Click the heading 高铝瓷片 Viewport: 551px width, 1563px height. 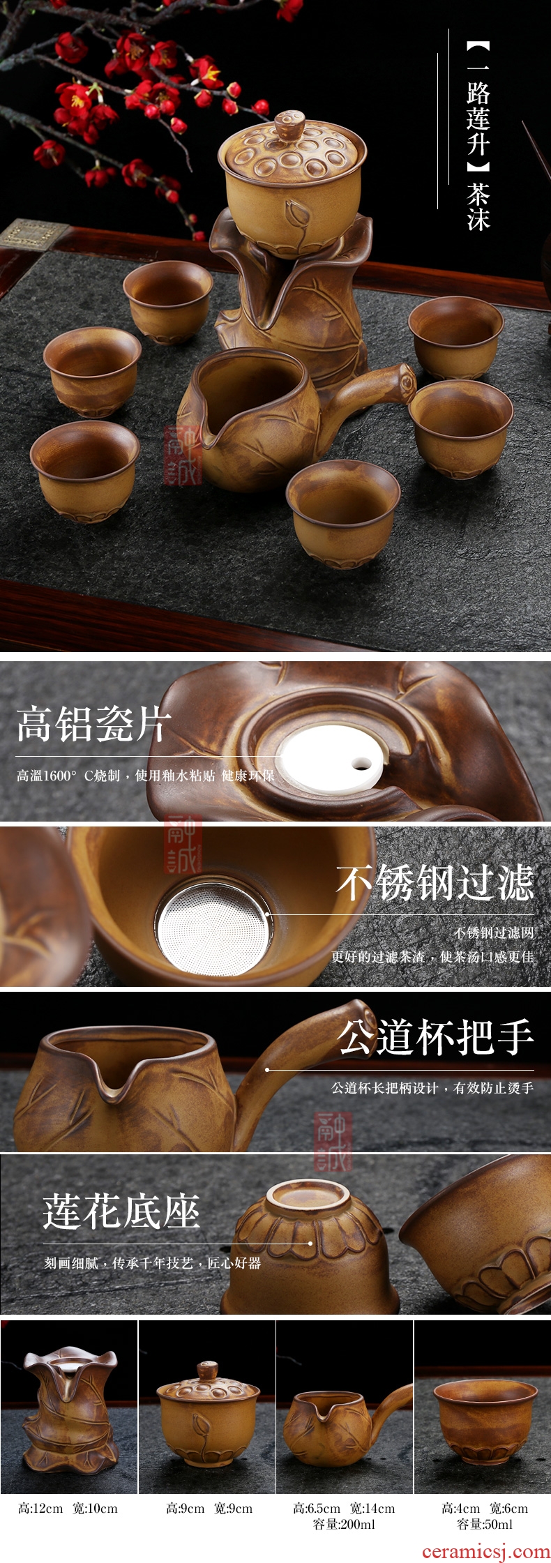click(x=93, y=723)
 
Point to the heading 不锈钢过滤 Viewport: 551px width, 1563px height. click(x=435, y=883)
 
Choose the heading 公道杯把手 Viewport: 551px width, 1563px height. click(x=435, y=1037)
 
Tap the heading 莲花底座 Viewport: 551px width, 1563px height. click(x=121, y=1211)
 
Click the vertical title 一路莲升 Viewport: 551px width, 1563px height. click(x=478, y=106)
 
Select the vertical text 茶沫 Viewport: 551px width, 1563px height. click(x=478, y=206)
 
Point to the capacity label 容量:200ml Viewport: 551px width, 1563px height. click(x=344, y=1525)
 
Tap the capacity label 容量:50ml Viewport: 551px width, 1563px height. click(x=485, y=1525)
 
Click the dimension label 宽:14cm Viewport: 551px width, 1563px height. click(x=372, y=1509)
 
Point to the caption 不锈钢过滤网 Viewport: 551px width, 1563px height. click(x=493, y=932)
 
